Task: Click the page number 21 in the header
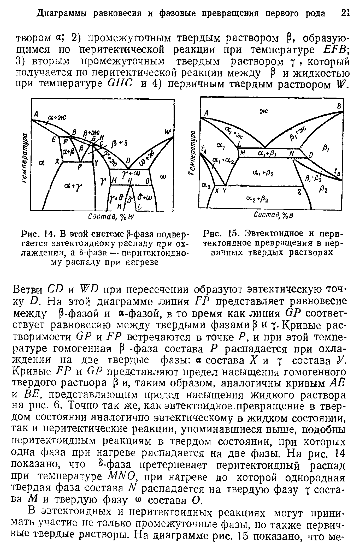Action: (x=345, y=13)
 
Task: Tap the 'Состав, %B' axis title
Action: (x=274, y=215)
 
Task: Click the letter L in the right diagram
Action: (x=239, y=144)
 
